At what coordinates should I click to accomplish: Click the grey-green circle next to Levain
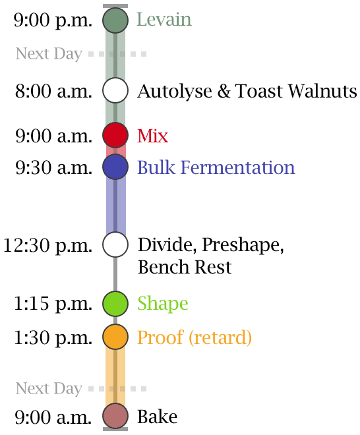[115, 20]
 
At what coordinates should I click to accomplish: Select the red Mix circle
[115, 135]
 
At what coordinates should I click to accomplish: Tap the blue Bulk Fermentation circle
[115, 167]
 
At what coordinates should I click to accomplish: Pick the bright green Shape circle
[115, 303]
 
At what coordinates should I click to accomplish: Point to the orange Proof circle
[115, 337]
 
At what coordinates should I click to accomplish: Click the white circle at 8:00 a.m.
[115, 91]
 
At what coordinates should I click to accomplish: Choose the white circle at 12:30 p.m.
[115, 245]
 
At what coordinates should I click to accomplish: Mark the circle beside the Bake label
[115, 416]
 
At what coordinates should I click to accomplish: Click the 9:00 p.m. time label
[53, 21]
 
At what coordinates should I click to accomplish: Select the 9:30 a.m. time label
[53, 168]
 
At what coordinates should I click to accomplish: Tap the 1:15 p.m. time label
[53, 304]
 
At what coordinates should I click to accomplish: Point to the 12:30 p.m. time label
[47, 246]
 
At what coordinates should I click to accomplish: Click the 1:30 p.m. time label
[53, 338]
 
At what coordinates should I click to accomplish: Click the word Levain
[164, 19]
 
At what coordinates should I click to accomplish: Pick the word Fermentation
[238, 167]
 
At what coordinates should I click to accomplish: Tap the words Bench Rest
[185, 267]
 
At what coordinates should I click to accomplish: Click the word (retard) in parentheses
[220, 337]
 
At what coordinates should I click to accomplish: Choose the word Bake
[158, 417]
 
